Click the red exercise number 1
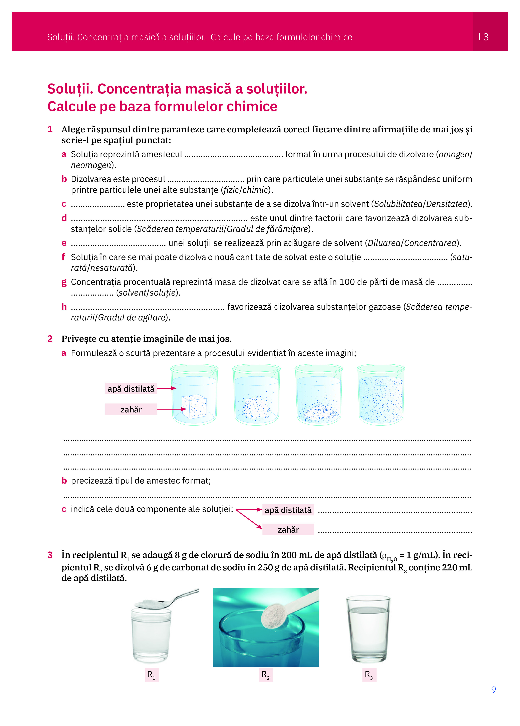point(50,129)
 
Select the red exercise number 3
point(50,555)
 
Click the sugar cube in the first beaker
point(194,406)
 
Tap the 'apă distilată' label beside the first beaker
point(131,389)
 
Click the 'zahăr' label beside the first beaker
point(131,409)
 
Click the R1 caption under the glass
point(151,675)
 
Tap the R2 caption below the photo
point(266,675)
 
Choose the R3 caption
point(369,675)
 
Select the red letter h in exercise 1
point(64,307)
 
